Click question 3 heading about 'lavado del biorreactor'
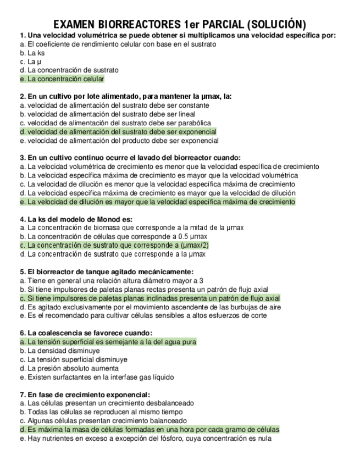[130, 158]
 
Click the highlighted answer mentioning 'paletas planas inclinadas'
[149, 298]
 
